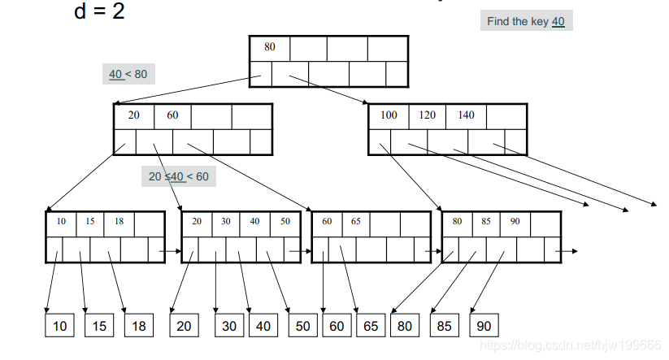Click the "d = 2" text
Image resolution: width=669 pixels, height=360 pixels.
pyautogui.click(x=99, y=12)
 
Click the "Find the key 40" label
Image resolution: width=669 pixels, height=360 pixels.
pyautogui.click(x=526, y=21)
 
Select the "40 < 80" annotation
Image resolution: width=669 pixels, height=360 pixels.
pyautogui.click(x=128, y=74)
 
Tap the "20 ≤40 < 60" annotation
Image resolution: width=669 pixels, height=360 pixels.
pyautogui.click(x=178, y=176)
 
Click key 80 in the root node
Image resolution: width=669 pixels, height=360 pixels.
pyautogui.click(x=269, y=47)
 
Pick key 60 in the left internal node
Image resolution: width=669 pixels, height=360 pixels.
pyautogui.click(x=172, y=115)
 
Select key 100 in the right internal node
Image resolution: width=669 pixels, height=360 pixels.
pyautogui.click(x=389, y=115)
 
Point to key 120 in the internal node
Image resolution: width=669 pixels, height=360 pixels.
pyautogui.click(x=428, y=115)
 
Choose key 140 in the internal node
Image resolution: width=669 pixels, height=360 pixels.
pyautogui.click(x=466, y=115)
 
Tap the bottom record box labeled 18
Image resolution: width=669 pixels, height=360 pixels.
pyautogui.click(x=138, y=326)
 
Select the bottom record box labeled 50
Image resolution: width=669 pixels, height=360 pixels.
pyautogui.click(x=302, y=326)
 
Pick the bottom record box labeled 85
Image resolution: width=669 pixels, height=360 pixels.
pyautogui.click(x=444, y=326)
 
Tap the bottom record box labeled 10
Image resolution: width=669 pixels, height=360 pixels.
pyautogui.click(x=59, y=326)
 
